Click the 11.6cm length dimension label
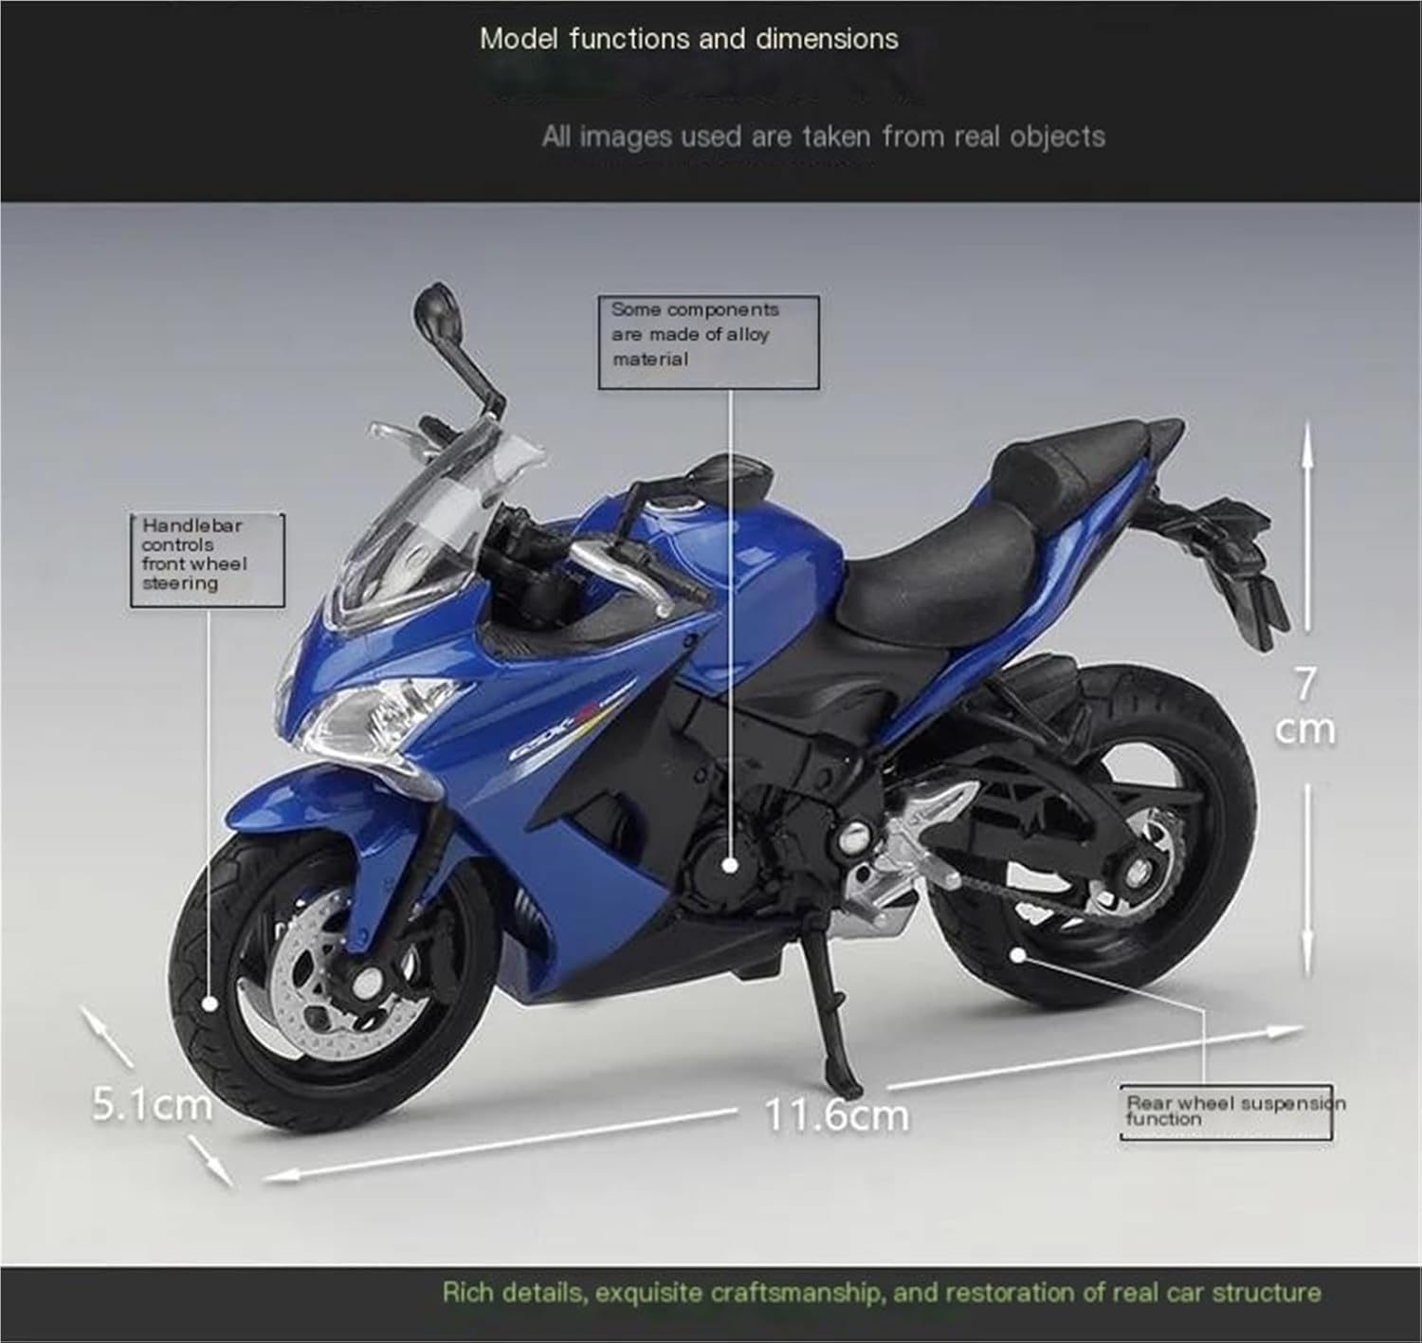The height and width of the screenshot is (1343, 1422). coord(836,1114)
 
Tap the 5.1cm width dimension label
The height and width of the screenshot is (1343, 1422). coord(152,1104)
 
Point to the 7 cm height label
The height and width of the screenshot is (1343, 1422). coord(1305,707)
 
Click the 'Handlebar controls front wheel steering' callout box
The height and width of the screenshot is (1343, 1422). coord(207,559)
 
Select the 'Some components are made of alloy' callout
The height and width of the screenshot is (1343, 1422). coord(707,341)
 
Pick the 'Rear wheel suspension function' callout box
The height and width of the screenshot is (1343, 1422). coord(1226,1112)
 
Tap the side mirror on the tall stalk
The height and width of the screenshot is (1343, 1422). coord(434,312)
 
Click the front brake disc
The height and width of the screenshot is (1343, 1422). coord(313,986)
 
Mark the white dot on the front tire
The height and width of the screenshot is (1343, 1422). coord(210,1004)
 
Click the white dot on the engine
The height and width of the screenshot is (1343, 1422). coord(729,865)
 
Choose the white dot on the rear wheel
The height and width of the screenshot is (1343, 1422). coord(1016,954)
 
